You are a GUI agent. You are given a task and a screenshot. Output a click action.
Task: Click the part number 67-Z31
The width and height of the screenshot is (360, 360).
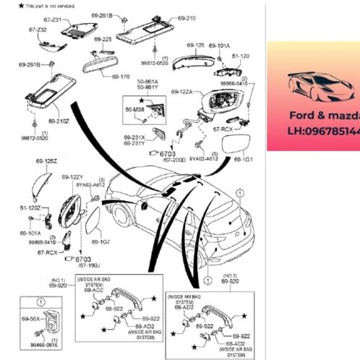(x=53, y=20)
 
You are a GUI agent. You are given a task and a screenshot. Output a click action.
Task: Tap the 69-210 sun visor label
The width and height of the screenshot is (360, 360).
(x=186, y=17)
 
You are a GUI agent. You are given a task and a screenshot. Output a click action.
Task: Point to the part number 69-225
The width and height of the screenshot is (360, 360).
(x=103, y=39)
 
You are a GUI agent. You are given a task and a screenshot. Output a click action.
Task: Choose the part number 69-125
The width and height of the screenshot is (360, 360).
(x=196, y=45)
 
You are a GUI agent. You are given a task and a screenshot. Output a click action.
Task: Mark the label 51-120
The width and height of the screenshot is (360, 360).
(x=241, y=55)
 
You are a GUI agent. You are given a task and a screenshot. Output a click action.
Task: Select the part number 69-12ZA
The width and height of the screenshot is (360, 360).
(x=182, y=92)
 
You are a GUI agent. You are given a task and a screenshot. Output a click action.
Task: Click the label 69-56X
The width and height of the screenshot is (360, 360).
(x=31, y=317)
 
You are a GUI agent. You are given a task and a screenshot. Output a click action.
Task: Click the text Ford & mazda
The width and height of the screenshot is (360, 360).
(x=324, y=115)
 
